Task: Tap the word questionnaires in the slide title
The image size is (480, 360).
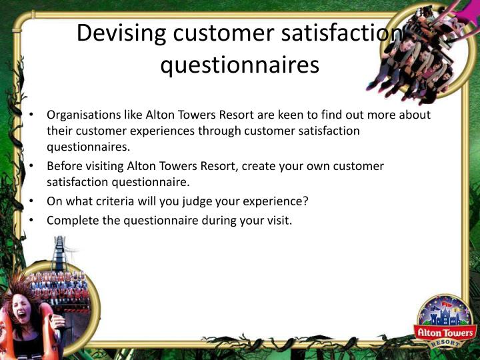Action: click(x=240, y=65)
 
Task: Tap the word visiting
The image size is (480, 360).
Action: click(x=104, y=166)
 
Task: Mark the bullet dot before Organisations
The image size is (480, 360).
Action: click(x=31, y=115)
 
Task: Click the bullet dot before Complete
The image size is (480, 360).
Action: click(x=31, y=221)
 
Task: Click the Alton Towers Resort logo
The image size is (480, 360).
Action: click(x=445, y=323)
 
